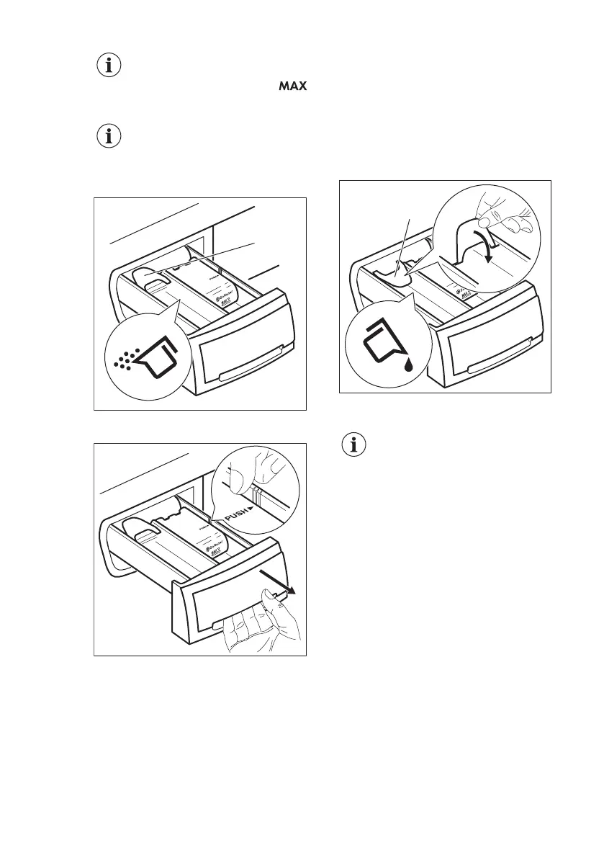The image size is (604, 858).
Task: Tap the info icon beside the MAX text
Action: coord(109,66)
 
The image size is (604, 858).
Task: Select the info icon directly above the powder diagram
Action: coord(109,138)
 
